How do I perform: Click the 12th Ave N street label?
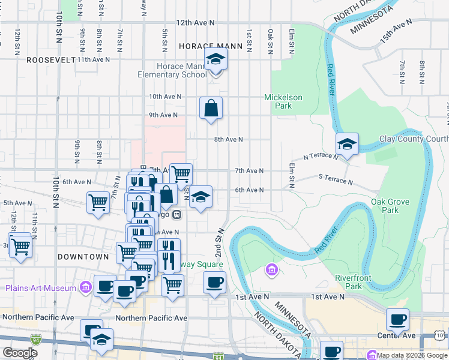[195, 23]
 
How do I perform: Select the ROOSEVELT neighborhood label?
[50, 60]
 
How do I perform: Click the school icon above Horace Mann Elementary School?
[216, 61]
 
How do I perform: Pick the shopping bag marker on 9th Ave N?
[211, 109]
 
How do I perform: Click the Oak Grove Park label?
[385, 206]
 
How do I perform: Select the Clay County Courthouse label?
[414, 139]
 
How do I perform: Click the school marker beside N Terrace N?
[347, 145]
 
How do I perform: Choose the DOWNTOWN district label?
[83, 257]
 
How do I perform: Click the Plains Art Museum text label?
[41, 288]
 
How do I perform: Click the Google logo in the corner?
[20, 353]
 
